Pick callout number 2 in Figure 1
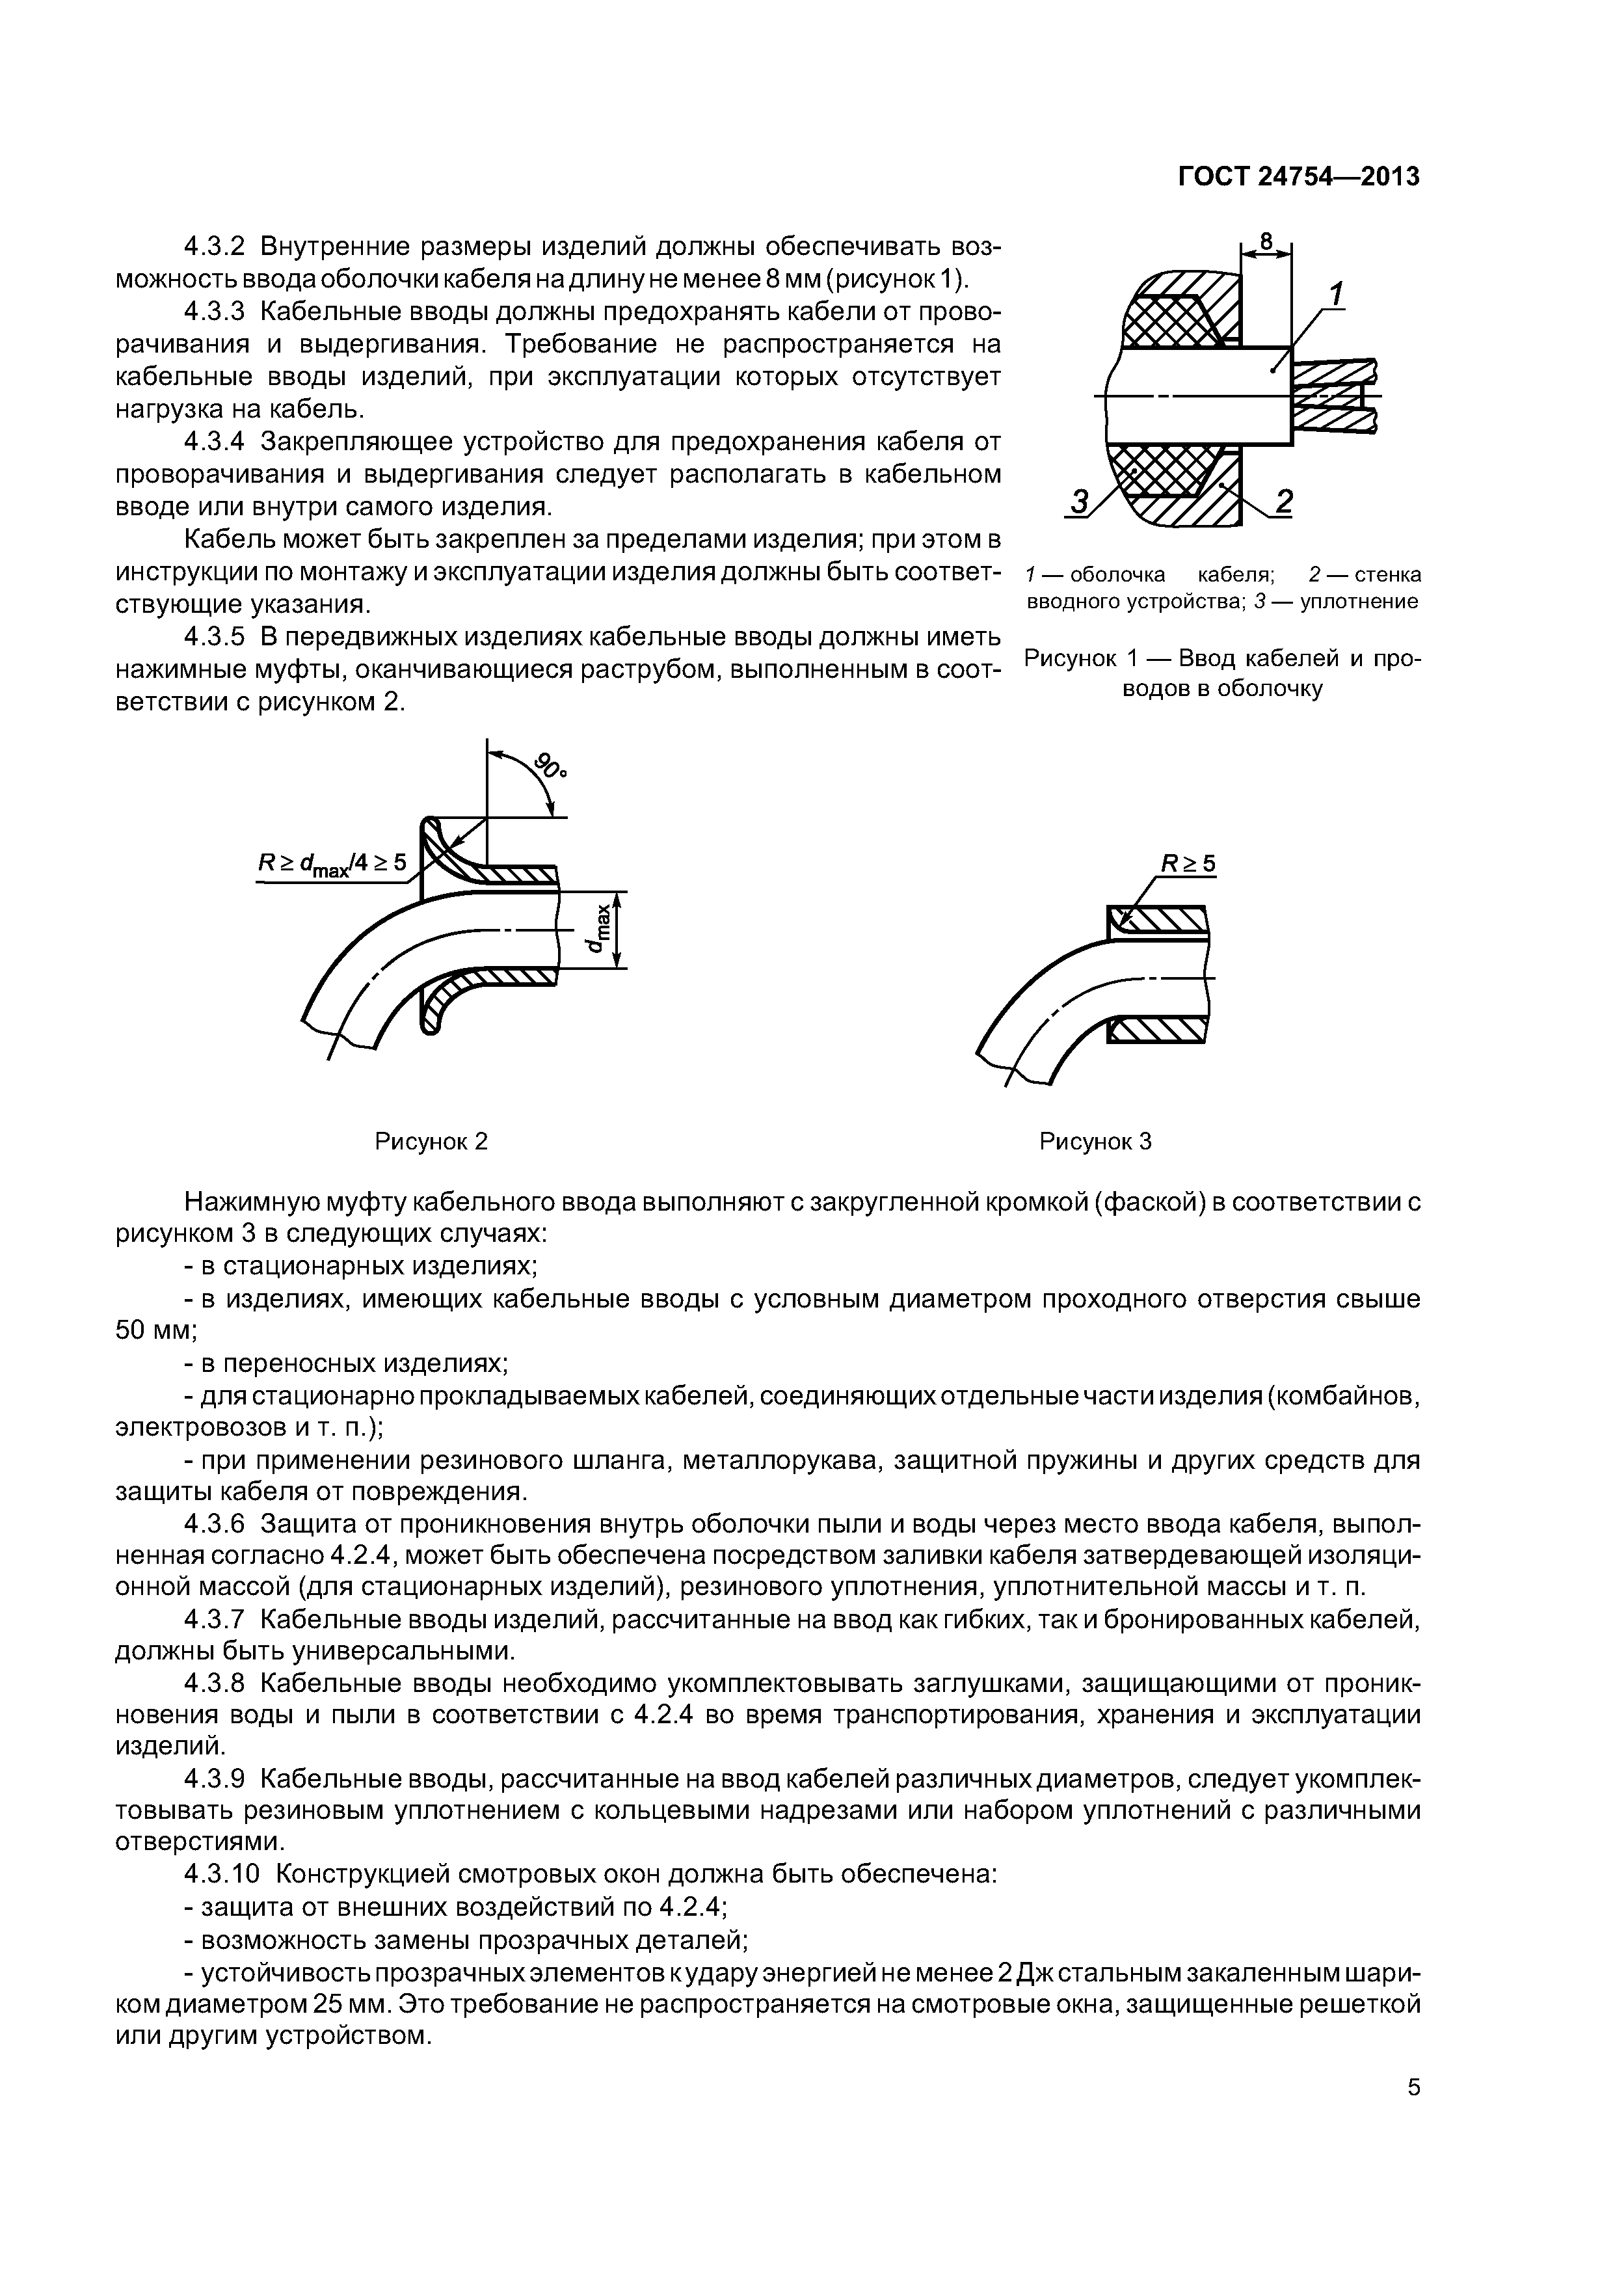1283,504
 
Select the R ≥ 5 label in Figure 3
1189,865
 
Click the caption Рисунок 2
431,1141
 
